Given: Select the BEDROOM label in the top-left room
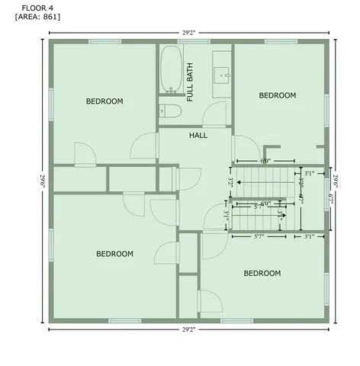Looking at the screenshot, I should pyautogui.click(x=104, y=101).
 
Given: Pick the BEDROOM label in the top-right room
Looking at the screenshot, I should pyautogui.click(x=277, y=95).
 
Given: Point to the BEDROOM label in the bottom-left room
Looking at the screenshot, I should pyautogui.click(x=114, y=253).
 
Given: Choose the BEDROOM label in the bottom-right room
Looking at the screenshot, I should pyautogui.click(x=262, y=272).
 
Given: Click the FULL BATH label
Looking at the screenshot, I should pyautogui.click(x=191, y=82).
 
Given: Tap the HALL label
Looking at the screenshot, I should pyautogui.click(x=198, y=135).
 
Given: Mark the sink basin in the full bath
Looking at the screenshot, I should pyautogui.click(x=223, y=75).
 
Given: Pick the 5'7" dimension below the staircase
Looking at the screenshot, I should pyautogui.click(x=260, y=236).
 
